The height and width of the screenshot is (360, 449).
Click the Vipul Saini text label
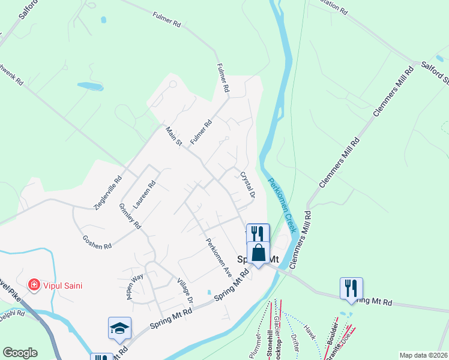pos(62,286)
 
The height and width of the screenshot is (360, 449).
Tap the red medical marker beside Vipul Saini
pos(35,285)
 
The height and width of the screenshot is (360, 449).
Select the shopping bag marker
pos(258,253)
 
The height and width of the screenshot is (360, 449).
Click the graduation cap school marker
pos(119,328)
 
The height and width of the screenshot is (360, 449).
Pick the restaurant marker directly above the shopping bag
pos(258,233)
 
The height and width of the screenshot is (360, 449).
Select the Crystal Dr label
pos(247,186)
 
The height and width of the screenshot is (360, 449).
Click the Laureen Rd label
pos(145,194)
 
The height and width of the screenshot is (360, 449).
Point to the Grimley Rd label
pos(130,216)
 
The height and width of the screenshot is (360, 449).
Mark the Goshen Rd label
pos(97,242)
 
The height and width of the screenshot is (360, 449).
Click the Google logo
pos(20,353)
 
